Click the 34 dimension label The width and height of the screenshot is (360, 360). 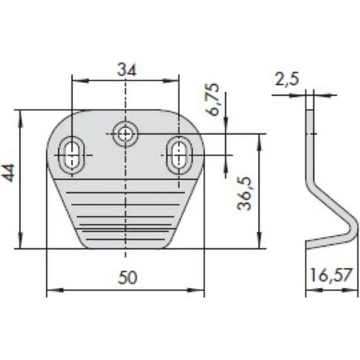coord(127,70)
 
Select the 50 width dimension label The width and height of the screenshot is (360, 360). coord(127,278)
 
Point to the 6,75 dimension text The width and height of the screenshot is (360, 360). coord(213,99)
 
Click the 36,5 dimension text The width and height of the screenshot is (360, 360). coord(244,194)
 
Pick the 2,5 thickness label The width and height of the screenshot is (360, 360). coord(286,79)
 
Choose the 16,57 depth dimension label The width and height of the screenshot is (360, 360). coord(331,275)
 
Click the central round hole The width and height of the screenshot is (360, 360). coord(125,133)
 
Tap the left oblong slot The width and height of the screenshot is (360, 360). coord(72,155)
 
